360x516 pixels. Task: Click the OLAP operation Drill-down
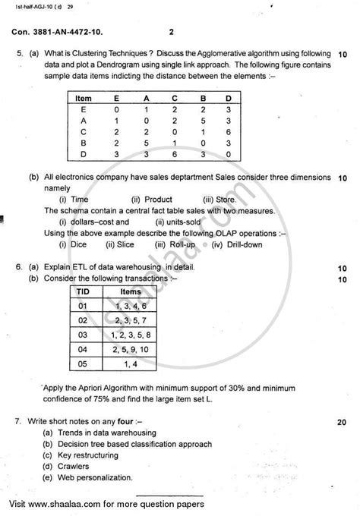pyautogui.click(x=233, y=245)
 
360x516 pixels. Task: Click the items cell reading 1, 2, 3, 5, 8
pyautogui.click(x=125, y=333)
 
